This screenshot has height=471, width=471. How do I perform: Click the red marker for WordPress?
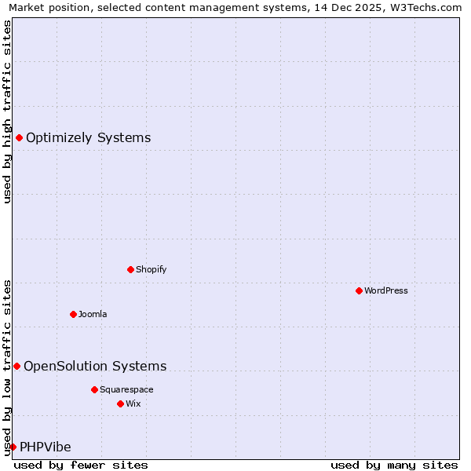pyautogui.click(x=359, y=290)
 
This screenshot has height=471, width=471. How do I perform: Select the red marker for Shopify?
pyautogui.click(x=130, y=269)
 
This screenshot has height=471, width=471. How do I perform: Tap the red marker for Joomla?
pyautogui.click(x=73, y=314)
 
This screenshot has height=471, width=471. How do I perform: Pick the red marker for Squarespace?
pyautogui.click(x=94, y=389)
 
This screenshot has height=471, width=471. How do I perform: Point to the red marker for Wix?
pyautogui.click(x=120, y=403)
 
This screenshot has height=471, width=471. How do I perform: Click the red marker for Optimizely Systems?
pyautogui.click(x=19, y=138)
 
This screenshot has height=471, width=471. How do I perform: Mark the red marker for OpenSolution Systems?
pyautogui.click(x=16, y=366)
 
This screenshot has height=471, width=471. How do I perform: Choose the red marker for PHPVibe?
pyautogui.click(x=13, y=447)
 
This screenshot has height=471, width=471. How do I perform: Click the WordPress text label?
pyautogui.click(x=386, y=290)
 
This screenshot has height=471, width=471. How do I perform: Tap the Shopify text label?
pyautogui.click(x=152, y=269)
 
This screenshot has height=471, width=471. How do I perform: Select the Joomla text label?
pyautogui.click(x=93, y=314)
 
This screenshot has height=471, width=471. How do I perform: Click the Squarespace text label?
pyautogui.click(x=126, y=389)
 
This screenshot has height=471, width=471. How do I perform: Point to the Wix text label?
pyautogui.click(x=133, y=403)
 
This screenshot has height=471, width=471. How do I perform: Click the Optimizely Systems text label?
pyautogui.click(x=88, y=138)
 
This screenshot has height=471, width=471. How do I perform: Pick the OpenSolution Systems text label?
pyautogui.click(x=95, y=366)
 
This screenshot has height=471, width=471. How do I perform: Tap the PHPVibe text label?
pyautogui.click(x=46, y=447)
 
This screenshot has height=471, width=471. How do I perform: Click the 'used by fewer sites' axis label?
pyautogui.click(x=81, y=465)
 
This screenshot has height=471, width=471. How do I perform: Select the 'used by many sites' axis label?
pyautogui.click(x=394, y=465)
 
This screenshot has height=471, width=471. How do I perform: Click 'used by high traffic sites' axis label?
pyautogui.click(x=8, y=111)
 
